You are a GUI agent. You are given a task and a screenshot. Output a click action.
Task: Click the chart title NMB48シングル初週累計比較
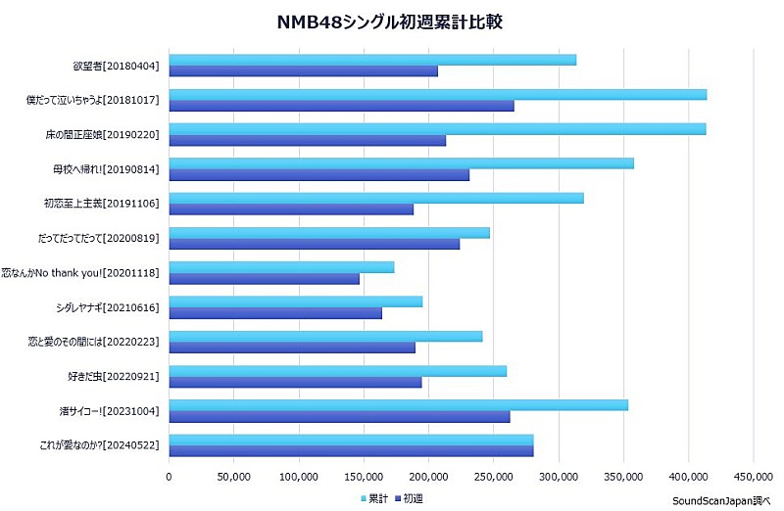point(391,22)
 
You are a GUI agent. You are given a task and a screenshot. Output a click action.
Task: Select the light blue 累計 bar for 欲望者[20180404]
point(372,60)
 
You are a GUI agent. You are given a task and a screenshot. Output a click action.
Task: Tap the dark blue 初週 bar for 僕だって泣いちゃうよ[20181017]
point(341,106)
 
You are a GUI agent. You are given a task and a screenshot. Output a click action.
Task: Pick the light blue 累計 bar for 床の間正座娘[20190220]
point(437,129)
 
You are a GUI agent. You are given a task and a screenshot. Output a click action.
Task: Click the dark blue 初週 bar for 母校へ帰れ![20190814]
point(318,174)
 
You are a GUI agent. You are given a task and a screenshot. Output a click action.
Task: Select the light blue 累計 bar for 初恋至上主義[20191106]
point(376,198)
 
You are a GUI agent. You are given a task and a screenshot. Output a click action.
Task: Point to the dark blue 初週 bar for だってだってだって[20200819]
point(314,244)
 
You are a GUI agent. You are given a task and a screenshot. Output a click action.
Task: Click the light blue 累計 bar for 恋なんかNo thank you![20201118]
point(281,267)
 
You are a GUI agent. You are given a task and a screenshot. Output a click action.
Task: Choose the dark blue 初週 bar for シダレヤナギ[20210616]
point(275,313)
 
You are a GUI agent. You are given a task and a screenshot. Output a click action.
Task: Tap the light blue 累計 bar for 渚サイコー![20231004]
point(398,404)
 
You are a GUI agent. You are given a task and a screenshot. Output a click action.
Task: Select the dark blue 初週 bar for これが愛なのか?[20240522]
point(351,450)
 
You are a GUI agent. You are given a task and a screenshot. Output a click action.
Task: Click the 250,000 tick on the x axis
point(494,477)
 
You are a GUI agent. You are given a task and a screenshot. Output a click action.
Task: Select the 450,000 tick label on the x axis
point(753,477)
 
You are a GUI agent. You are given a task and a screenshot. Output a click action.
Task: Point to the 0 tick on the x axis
point(169,477)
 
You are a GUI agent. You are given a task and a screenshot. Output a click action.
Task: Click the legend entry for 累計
point(373,499)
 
